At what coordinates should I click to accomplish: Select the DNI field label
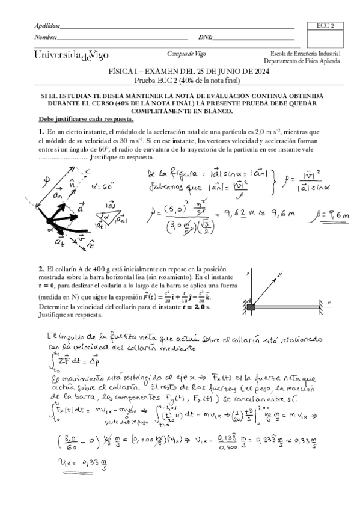205,38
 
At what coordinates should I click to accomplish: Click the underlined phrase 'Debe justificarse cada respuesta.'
86,118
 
